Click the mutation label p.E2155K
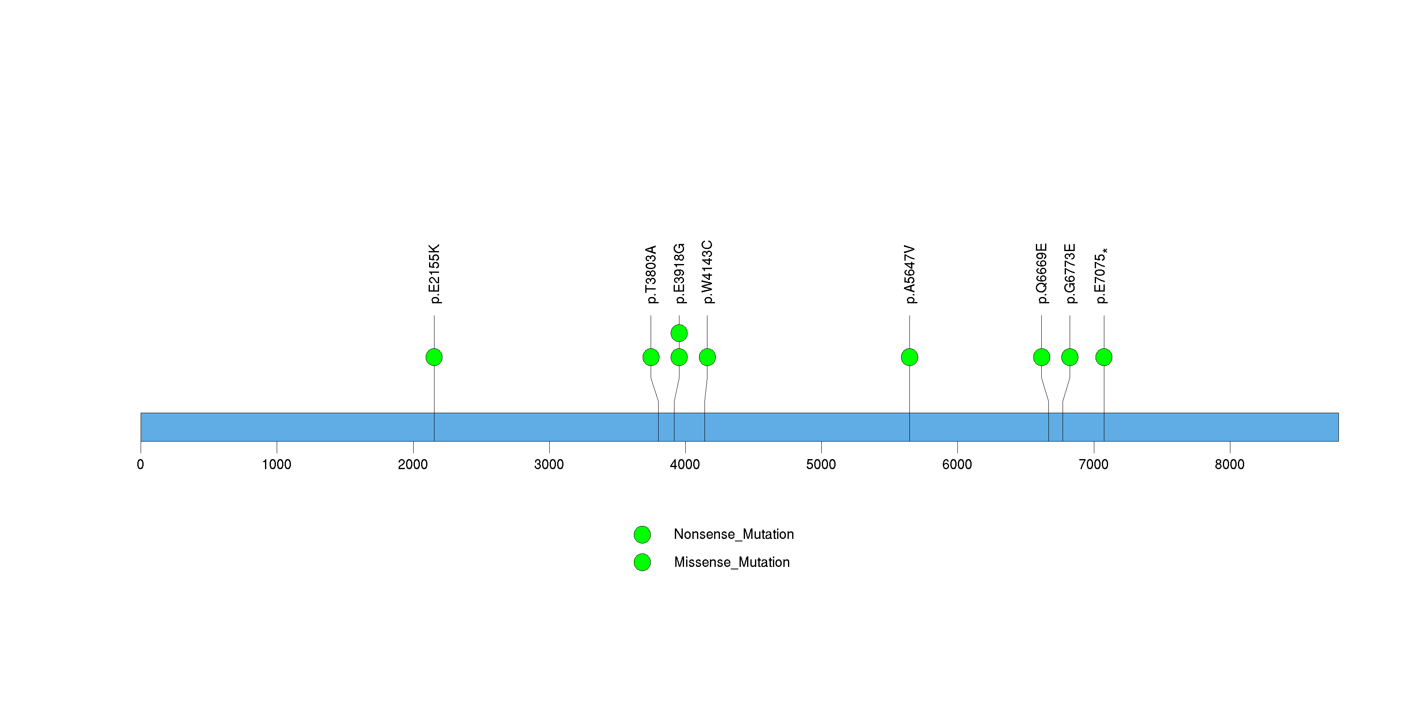click(434, 274)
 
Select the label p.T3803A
click(651, 274)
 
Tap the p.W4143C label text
click(707, 272)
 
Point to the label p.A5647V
click(909, 274)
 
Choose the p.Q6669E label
click(1041, 274)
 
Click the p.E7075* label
click(1101, 275)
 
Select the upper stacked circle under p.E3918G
click(679, 333)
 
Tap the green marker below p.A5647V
click(909, 357)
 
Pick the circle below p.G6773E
click(1069, 357)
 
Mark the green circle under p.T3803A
click(651, 357)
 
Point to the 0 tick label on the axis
click(141, 465)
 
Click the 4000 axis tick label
click(685, 465)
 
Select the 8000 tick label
click(1230, 465)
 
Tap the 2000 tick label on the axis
click(413, 465)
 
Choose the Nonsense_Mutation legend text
click(733, 534)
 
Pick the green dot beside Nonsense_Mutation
click(642, 534)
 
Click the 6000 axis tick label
click(957, 465)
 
